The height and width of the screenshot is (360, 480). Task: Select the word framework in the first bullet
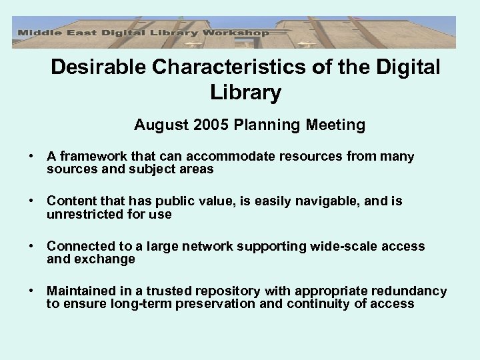tap(88, 157)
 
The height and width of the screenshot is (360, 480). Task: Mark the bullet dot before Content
tap(31, 201)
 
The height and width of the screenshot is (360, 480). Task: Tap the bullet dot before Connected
tap(31, 247)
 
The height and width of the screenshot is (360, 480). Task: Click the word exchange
tap(109, 259)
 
